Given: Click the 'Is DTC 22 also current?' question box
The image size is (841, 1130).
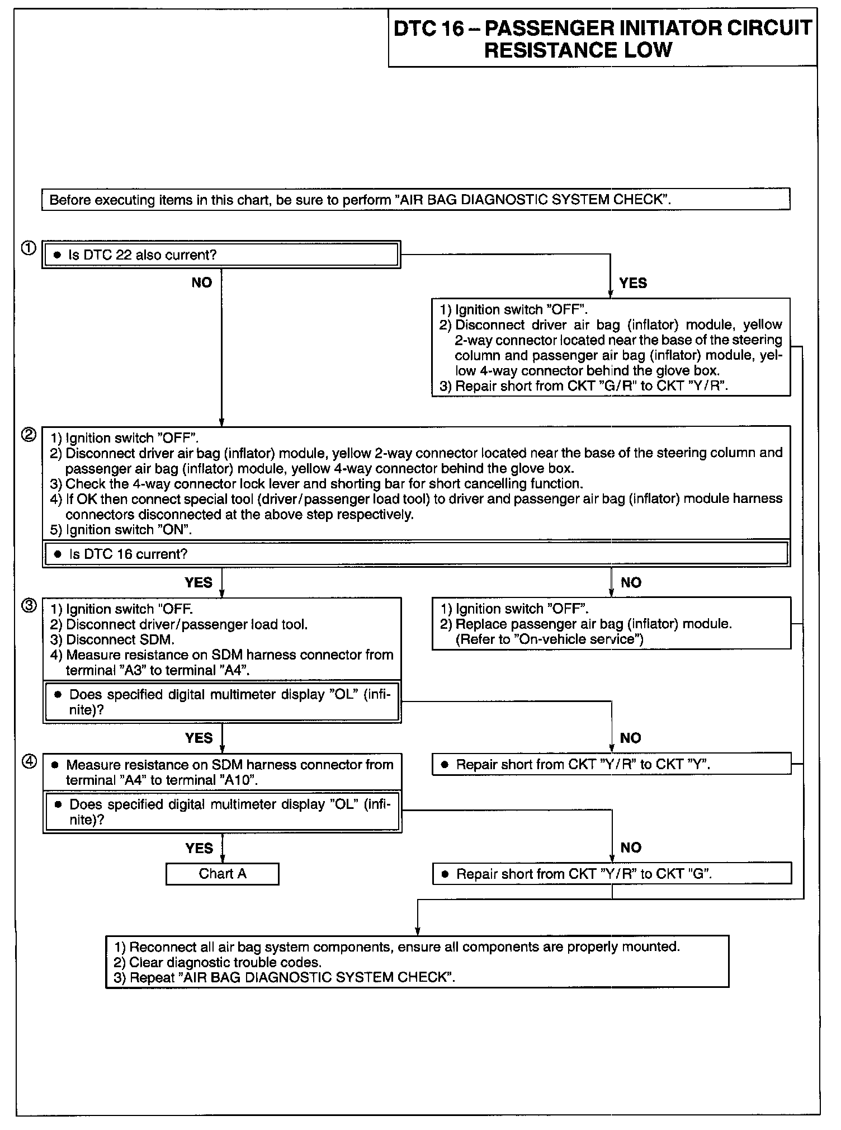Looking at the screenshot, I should pyautogui.click(x=221, y=255).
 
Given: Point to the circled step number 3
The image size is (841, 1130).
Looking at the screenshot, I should pyautogui.click(x=29, y=605).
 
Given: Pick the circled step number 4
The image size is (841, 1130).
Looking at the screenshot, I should pyautogui.click(x=29, y=761).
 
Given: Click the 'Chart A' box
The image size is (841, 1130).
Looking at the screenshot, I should pyautogui.click(x=222, y=874).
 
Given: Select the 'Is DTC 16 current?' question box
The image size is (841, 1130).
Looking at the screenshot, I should pyautogui.click(x=416, y=554).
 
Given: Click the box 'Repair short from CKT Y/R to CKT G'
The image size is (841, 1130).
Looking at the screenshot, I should pyautogui.click(x=612, y=874).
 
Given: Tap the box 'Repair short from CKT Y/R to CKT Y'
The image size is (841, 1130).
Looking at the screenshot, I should pyautogui.click(x=612, y=764).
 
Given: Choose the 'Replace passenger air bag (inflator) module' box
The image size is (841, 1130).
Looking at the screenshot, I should pyautogui.click(x=612, y=624).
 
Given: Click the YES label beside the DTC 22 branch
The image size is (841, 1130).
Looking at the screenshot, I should pyautogui.click(x=633, y=283).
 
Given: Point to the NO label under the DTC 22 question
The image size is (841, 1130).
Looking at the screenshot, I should pyautogui.click(x=201, y=283).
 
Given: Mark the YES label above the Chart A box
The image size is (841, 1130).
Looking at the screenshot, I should pyautogui.click(x=199, y=849).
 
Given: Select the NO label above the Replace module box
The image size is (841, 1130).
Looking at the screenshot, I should pyautogui.click(x=631, y=583).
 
